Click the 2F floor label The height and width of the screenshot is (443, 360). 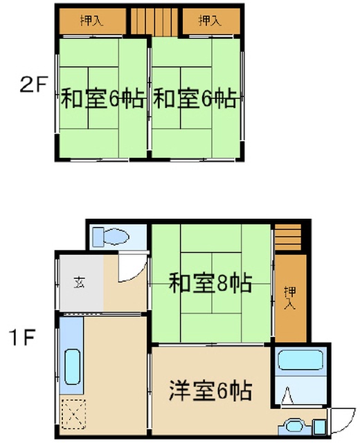point(33,84)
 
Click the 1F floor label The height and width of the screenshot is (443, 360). point(22,337)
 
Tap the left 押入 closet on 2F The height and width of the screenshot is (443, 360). point(92,21)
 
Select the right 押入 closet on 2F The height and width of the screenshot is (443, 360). point(211,21)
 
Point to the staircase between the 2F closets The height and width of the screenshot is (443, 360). point(154,22)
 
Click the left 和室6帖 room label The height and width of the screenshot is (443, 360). point(103,98)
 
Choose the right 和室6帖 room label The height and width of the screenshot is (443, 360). point(195,98)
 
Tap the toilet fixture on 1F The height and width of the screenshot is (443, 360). point(111,237)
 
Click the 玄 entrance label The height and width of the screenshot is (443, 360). point(80,282)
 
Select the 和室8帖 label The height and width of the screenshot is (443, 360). point(210,283)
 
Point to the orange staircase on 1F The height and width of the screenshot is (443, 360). point(288,237)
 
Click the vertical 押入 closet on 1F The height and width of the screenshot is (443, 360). point(291,298)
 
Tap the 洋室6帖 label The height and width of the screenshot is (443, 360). point(210,390)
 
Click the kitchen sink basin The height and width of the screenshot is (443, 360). point(73,367)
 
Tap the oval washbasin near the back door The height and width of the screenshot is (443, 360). point(294,426)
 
